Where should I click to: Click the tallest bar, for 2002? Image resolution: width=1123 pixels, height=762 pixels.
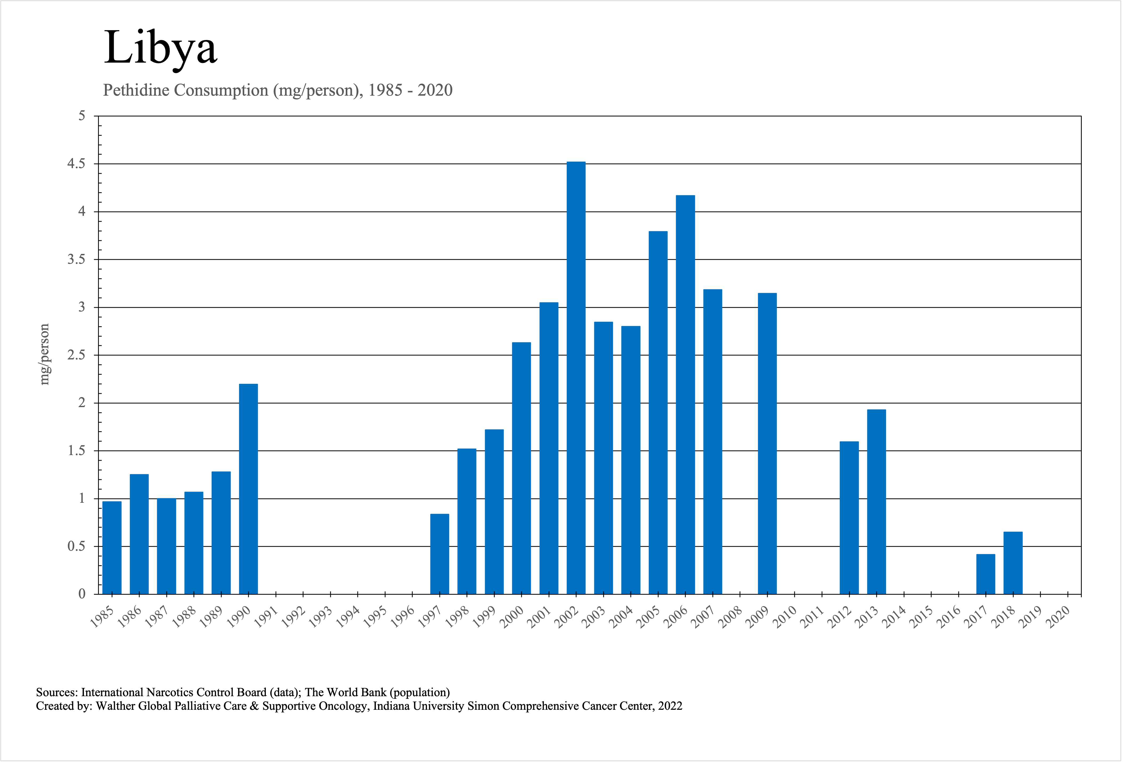point(576,377)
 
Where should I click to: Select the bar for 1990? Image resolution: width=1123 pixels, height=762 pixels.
point(248,488)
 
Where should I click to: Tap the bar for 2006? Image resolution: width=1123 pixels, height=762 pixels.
point(685,394)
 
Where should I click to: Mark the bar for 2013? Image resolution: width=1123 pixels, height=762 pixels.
point(877,501)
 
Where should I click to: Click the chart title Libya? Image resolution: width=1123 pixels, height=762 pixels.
point(160,47)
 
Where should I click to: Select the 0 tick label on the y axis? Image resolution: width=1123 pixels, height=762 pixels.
point(82,594)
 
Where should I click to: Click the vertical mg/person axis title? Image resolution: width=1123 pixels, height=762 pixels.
point(44,354)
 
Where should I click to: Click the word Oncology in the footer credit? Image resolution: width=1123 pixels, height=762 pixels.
point(345,706)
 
